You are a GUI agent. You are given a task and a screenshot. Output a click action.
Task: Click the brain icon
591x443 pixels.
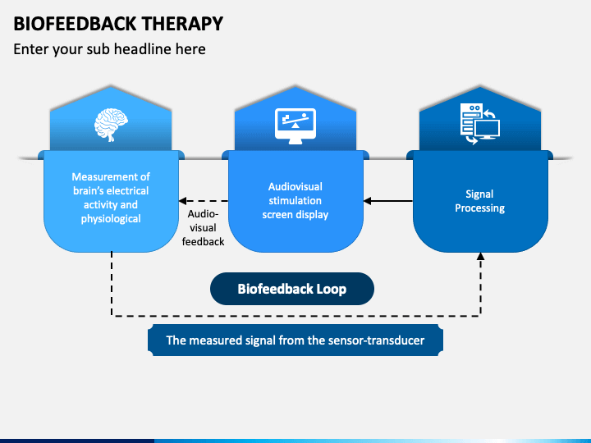[111, 125]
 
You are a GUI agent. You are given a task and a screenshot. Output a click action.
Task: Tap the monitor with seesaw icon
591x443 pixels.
[295, 126]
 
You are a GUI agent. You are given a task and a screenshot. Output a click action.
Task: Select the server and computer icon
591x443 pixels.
[480, 124]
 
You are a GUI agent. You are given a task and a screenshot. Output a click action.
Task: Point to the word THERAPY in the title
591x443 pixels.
[182, 23]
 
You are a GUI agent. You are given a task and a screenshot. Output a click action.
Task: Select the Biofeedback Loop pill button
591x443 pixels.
[292, 289]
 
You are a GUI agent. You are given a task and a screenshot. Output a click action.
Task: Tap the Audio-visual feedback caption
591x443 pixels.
[204, 227]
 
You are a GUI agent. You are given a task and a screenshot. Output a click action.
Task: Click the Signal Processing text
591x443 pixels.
[479, 201]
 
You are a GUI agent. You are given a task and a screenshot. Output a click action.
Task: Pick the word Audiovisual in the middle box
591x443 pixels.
[295, 187]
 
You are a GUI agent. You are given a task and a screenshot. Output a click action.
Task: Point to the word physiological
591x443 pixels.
[111, 219]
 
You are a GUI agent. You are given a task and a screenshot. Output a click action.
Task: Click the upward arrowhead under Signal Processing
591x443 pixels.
[480, 256]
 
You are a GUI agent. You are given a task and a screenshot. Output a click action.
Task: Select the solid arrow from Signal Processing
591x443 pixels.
[387, 201]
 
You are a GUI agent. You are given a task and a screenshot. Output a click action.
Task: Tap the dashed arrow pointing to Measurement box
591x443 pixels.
[204, 201]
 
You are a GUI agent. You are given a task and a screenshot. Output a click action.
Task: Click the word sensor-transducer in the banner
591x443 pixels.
[376, 340]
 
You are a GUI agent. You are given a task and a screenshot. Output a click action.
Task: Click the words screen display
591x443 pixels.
[295, 215]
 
